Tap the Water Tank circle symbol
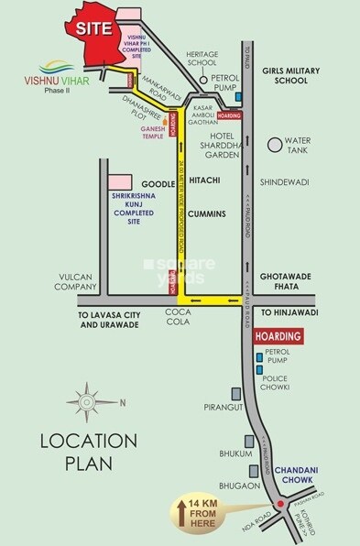[x=274, y=145]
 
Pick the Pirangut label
[x=223, y=401]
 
